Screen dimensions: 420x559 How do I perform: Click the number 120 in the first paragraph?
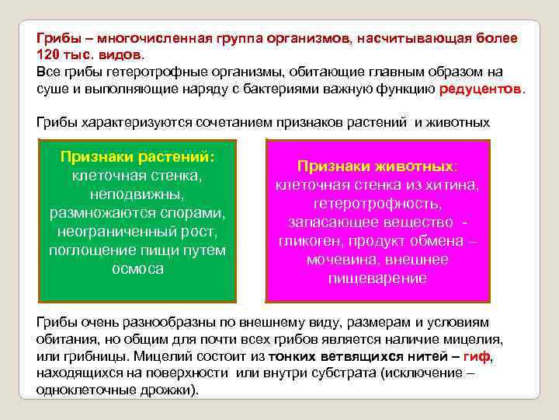point(48,54)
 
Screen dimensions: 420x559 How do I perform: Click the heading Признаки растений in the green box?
point(137,156)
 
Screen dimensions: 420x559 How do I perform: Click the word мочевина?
point(340,260)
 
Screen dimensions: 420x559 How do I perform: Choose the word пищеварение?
point(377,278)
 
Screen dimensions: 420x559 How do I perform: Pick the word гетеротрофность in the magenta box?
point(377,204)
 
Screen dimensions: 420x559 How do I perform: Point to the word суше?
point(51,89)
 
